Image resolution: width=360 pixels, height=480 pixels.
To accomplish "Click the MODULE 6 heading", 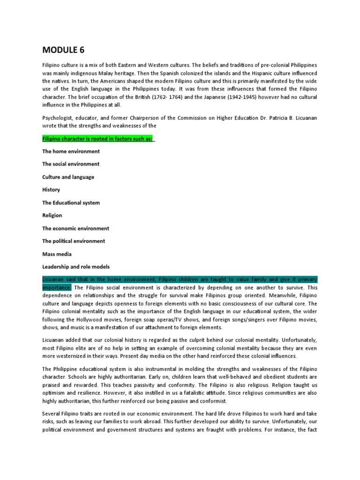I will (64, 50).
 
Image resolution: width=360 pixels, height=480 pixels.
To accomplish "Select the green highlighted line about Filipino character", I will (98, 139).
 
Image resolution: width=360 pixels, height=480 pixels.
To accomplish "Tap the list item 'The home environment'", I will (71, 151).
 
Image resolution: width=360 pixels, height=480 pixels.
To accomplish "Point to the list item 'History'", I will (51, 190).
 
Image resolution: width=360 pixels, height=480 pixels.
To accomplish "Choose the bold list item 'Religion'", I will (52, 216).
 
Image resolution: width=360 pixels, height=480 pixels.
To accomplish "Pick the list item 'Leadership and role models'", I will (75, 267).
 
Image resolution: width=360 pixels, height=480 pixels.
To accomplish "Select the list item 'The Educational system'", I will (71, 203).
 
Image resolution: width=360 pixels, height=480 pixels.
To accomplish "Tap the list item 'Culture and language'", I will (68, 177).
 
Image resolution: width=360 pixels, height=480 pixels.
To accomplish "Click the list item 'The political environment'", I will (74, 241).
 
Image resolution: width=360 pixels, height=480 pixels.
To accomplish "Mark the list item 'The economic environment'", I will (75, 228).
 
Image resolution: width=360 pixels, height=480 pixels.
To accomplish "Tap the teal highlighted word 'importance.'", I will (57, 287).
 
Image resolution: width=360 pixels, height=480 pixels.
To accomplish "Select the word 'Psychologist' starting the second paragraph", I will (58, 118).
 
